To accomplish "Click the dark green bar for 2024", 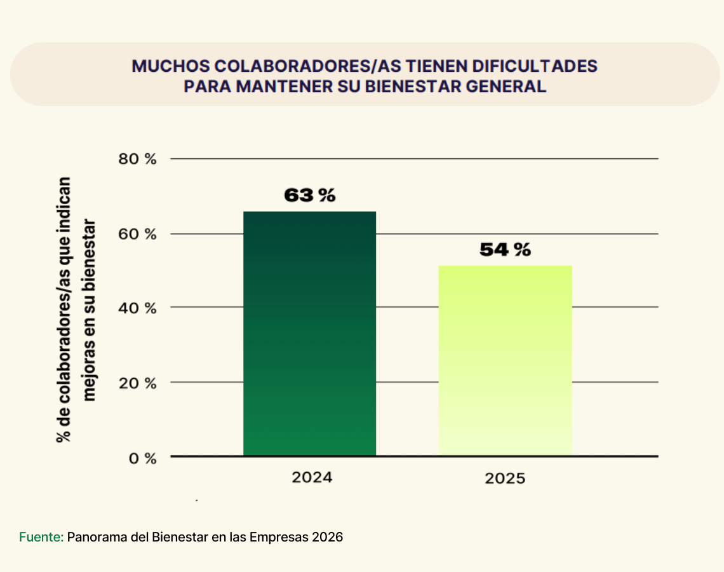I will click(x=309, y=334).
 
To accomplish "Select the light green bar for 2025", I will click(x=505, y=360).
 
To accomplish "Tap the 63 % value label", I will click(x=309, y=195).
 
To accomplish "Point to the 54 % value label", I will click(x=505, y=250).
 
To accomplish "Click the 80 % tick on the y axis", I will click(x=137, y=159).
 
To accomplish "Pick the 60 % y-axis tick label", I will click(x=137, y=234).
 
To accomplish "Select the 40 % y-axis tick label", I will click(x=137, y=308).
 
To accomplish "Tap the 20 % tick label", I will click(x=137, y=383).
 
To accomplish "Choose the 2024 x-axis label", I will click(x=312, y=477).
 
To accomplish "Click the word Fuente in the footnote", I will click(x=40, y=537).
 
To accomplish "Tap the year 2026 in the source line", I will click(x=327, y=537).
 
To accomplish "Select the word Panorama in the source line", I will click(x=96, y=537).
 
